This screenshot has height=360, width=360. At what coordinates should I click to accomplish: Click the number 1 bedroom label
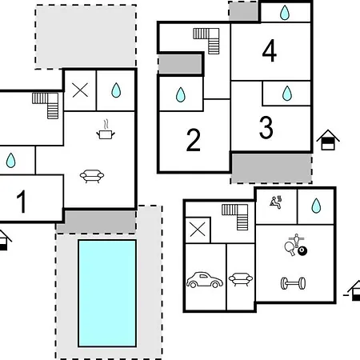click(x=22, y=202)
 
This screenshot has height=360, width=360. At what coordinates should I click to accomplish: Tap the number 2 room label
click(x=194, y=140)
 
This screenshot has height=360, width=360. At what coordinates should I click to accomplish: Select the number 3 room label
click(x=266, y=128)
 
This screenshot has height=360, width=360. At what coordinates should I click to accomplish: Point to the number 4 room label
click(x=270, y=50)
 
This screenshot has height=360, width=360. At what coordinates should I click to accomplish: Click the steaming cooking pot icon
click(x=106, y=130)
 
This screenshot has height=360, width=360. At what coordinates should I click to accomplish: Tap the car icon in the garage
click(x=205, y=280)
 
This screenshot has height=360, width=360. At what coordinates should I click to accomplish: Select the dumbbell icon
click(x=293, y=283)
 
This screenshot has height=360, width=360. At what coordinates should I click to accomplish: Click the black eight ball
click(x=302, y=251)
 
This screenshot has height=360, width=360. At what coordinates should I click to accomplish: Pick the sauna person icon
click(x=276, y=202)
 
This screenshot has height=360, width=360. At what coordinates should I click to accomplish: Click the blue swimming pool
click(x=107, y=294)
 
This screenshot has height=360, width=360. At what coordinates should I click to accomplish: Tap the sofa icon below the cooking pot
click(x=92, y=176)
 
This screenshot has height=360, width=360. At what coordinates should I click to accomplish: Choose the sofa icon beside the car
click(x=241, y=279)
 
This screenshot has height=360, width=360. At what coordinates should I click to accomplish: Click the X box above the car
click(x=198, y=230)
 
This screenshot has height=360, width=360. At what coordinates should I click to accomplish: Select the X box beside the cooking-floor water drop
click(x=80, y=90)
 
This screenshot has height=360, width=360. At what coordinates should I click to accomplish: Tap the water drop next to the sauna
click(x=316, y=206)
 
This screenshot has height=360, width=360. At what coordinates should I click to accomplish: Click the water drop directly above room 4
click(x=285, y=13)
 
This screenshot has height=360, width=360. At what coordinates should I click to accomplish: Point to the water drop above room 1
click(x=10, y=160)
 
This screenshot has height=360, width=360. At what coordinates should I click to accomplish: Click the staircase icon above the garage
click(x=235, y=217)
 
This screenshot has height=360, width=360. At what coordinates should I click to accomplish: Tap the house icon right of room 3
click(x=328, y=140)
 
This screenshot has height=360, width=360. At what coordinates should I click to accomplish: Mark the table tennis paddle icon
click(x=289, y=249)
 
